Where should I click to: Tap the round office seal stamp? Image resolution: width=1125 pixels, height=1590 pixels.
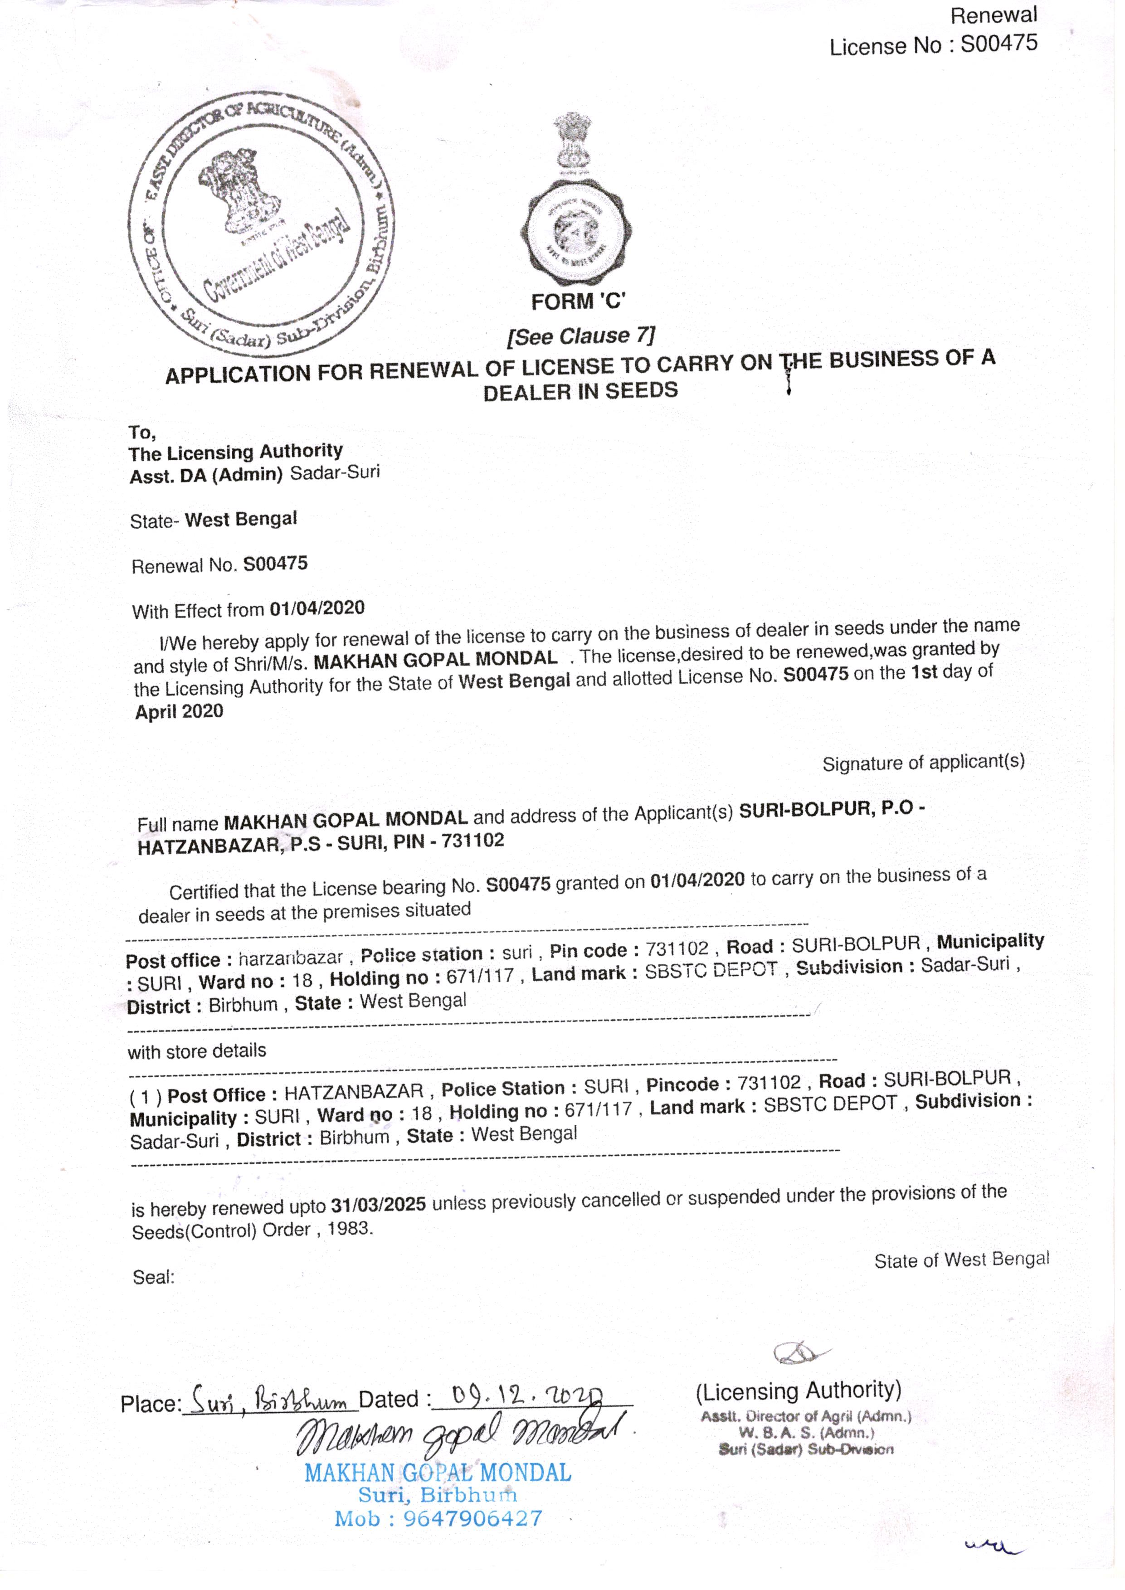point(261,224)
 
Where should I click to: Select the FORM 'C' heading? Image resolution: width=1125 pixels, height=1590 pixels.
point(578,302)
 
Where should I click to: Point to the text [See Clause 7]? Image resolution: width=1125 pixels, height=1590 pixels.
point(580,336)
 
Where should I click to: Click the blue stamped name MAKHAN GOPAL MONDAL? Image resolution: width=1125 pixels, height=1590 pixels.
point(438,1473)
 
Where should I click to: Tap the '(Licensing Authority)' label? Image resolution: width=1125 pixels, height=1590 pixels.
point(798,1391)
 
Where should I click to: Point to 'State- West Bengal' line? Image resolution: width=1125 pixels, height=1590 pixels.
point(214,520)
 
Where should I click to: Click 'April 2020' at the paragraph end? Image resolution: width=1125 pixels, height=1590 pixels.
point(180,711)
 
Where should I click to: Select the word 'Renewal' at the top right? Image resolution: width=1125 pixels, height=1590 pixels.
point(994,15)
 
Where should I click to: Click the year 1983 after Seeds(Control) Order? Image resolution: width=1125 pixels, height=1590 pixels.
point(349,1229)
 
